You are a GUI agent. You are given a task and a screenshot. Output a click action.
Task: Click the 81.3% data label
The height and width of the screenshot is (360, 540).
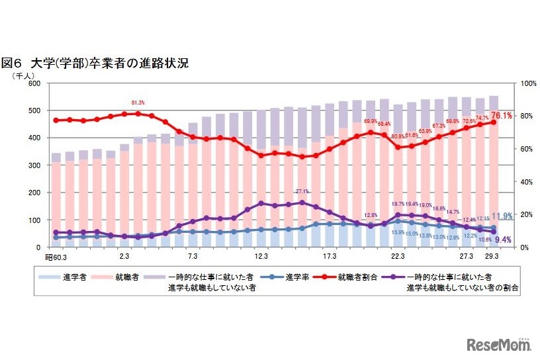[x=138, y=103]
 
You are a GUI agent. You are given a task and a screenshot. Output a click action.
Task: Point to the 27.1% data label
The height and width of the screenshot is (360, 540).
[x=302, y=191]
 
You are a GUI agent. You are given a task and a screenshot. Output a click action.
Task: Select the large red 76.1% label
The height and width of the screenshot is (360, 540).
[x=501, y=115]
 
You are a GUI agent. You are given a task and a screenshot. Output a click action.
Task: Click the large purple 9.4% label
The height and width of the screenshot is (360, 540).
[x=502, y=240]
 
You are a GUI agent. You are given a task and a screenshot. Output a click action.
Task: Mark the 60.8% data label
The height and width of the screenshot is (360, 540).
[x=397, y=136]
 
